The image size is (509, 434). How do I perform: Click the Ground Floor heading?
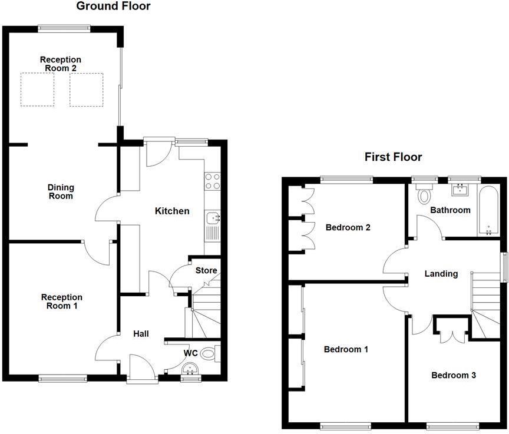[113, 6]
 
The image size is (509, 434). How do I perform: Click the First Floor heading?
[393, 157]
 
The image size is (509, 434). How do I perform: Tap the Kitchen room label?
[172, 211]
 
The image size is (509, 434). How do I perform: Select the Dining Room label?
[61, 192]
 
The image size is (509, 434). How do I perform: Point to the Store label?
[206, 271]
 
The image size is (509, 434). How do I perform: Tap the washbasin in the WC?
[189, 370]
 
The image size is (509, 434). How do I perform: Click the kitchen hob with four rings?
[212, 181]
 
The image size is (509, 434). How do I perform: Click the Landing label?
[441, 274]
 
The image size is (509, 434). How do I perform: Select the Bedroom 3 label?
[453, 375]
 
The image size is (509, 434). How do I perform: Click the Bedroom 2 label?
[348, 227]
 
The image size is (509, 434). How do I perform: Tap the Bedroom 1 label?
[346, 349]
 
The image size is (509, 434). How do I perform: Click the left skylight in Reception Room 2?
[37, 90]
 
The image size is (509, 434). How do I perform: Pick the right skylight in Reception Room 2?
[86, 90]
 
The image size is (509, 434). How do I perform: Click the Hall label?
[141, 334]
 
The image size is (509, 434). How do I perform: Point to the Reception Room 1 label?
[61, 302]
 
